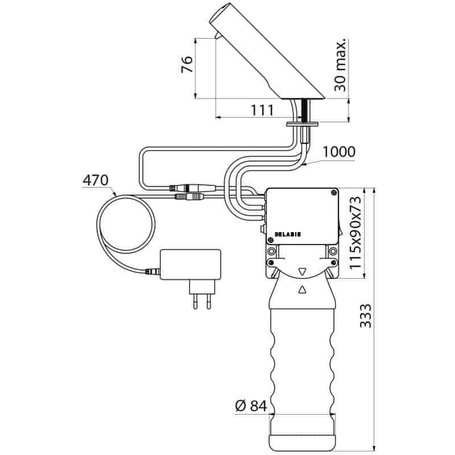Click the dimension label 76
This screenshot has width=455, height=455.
187,64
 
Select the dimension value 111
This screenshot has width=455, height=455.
262,110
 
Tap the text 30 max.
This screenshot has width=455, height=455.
340,64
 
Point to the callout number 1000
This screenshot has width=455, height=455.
339,151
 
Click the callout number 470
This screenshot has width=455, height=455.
96,180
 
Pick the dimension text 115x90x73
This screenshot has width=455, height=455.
355,233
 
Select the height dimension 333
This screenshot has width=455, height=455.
366,316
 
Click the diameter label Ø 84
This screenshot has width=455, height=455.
251,406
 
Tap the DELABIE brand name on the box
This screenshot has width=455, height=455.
288,234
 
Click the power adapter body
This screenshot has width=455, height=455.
191,264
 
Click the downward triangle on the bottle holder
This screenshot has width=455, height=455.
302,272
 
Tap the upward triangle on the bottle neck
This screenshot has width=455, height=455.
302,289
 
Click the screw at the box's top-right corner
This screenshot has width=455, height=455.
334,192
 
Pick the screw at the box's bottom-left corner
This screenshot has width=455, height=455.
271,239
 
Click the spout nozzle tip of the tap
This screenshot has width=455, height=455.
217,35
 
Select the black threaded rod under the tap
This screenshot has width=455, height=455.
305,111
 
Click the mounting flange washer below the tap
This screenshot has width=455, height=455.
303,125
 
